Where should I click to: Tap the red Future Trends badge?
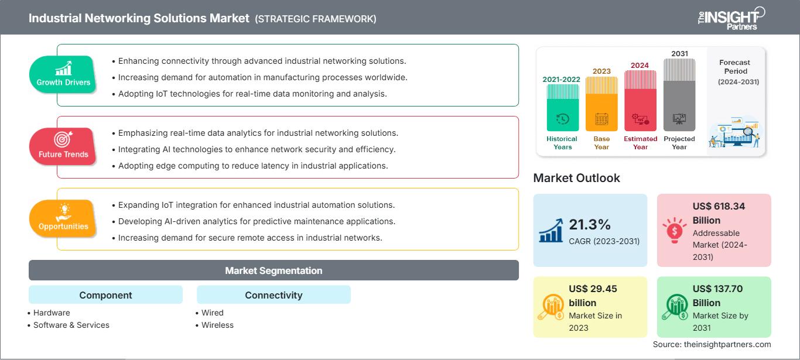tap(63, 147)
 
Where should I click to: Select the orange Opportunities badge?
tap(63, 219)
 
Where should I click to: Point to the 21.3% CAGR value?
tap(590, 224)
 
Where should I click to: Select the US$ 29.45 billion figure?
tap(593, 296)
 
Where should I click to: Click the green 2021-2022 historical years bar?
tap(562, 108)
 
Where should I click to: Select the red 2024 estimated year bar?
tap(640, 100)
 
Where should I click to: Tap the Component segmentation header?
tap(105, 295)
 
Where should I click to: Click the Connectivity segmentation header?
tap(273, 295)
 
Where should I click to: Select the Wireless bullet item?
tap(217, 325)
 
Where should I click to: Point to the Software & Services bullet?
tap(71, 325)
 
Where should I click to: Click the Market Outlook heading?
tap(576, 178)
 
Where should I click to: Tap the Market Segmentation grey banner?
tap(273, 270)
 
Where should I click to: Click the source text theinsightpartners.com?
tap(712, 345)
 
